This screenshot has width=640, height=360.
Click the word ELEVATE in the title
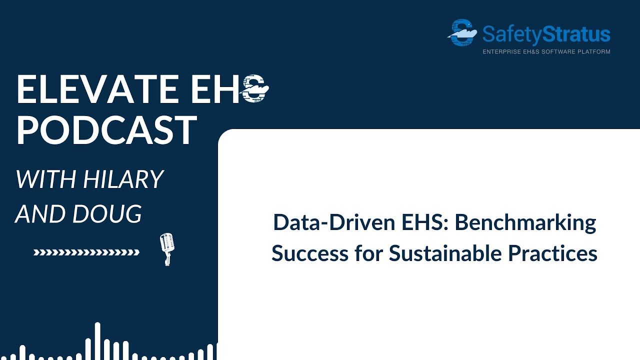[97, 89]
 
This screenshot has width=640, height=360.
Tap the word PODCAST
[106, 130]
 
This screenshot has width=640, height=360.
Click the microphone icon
[166, 247]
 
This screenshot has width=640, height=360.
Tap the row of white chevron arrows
[86, 252]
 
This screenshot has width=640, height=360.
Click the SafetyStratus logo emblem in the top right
[462, 33]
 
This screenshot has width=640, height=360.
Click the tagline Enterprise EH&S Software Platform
[546, 51]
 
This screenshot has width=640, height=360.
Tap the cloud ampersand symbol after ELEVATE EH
[255, 89]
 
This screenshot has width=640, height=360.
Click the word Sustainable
[446, 253]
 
